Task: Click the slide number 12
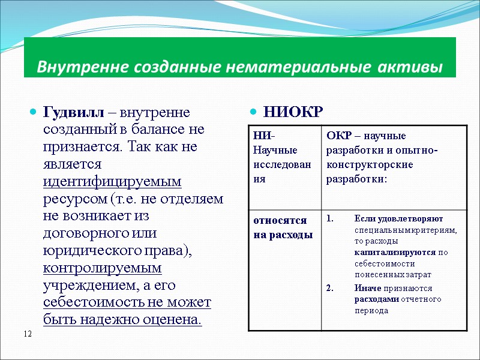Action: (x=28, y=333)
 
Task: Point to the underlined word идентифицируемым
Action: (x=112, y=181)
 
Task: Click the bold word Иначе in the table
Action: (x=366, y=287)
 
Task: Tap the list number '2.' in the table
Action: (x=331, y=287)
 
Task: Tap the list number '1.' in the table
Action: (x=331, y=218)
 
